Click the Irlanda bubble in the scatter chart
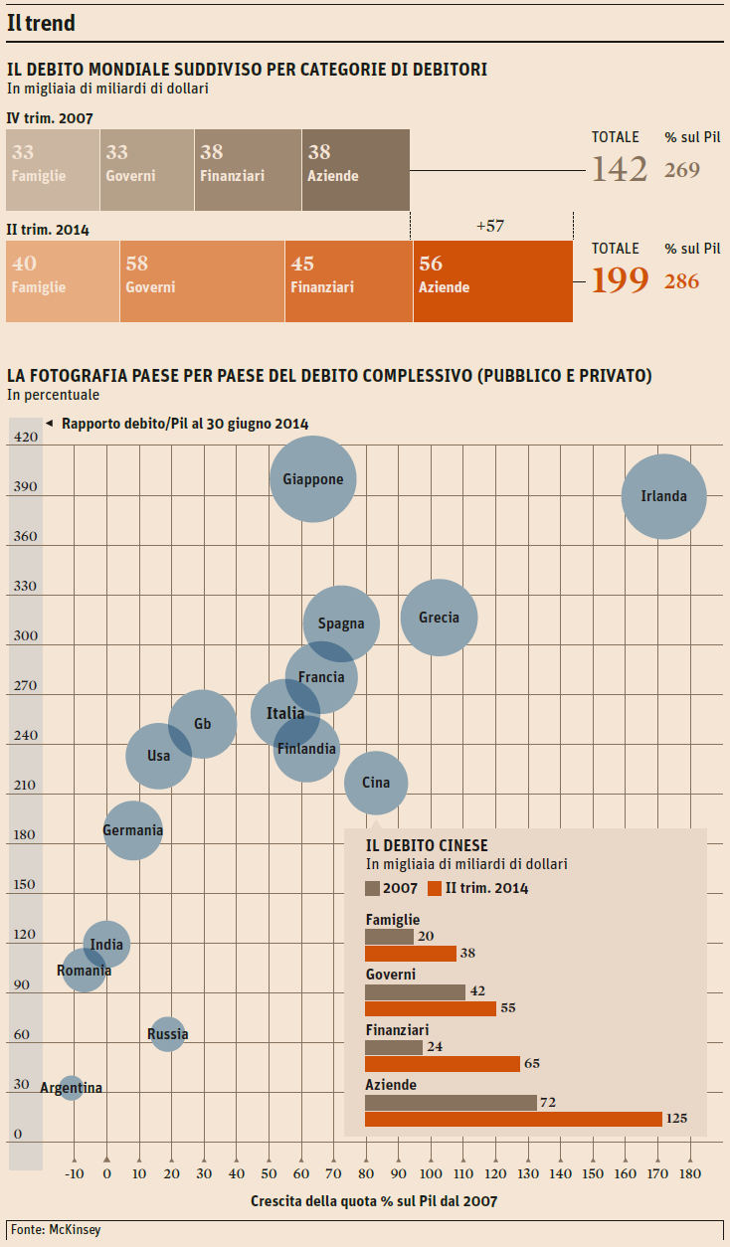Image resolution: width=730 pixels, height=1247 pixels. [x=663, y=496]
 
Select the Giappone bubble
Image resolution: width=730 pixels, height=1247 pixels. [x=313, y=478]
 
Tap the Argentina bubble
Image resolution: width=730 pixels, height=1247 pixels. [x=70, y=1088]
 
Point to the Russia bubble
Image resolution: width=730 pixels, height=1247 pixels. [x=167, y=1034]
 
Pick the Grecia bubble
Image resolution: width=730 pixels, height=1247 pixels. [x=439, y=618]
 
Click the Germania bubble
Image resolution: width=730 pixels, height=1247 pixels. [x=132, y=830]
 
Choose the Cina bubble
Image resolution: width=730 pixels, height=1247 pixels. [x=376, y=783]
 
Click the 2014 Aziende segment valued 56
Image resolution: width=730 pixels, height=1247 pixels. [x=492, y=281]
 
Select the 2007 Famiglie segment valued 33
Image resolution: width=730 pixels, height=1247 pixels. [x=53, y=170]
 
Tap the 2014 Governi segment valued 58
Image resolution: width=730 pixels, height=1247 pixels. [x=202, y=281]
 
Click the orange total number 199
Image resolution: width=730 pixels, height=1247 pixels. [x=620, y=281]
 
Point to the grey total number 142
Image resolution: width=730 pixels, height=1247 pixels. [x=620, y=169]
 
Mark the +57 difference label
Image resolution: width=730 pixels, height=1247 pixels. [x=490, y=226]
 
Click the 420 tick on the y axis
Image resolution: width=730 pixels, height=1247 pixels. [x=26, y=437]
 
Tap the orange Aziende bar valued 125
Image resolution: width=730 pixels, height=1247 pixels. [x=513, y=1119]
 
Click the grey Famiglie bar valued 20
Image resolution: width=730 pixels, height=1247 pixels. [x=389, y=937]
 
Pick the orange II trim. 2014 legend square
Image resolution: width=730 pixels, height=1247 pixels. [x=434, y=888]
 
